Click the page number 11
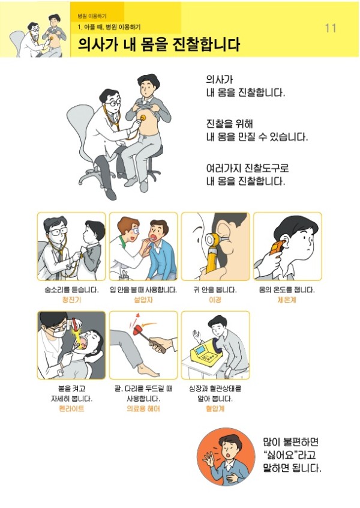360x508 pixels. coord(330,28)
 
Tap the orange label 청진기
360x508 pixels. coord(71,300)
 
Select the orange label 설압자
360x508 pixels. coord(143,300)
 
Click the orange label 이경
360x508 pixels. coord(215,300)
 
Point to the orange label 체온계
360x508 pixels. coord(287,300)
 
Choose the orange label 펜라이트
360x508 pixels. coord(71,408)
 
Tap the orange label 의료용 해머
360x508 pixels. coord(143,408)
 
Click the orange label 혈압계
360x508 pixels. coord(215,408)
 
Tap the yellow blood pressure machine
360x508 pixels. coord(205,354)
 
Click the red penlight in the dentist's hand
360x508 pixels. coord(76,324)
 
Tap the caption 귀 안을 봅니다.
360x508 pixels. coord(215,289)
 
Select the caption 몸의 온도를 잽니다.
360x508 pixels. coord(287,289)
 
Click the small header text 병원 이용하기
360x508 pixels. coord(92,16)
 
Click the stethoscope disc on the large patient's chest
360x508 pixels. coord(143,118)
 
